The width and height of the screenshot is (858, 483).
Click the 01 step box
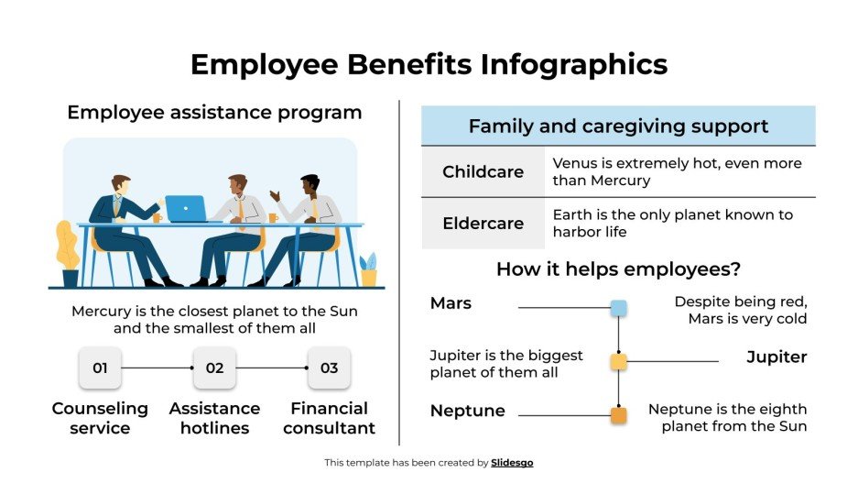click(x=100, y=368)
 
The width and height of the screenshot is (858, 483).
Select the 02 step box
click(x=214, y=368)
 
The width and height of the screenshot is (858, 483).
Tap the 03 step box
click(x=329, y=368)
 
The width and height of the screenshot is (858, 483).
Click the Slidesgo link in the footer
click(x=512, y=463)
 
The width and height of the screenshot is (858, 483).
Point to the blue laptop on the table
click(x=186, y=209)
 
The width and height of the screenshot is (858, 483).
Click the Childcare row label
click(x=483, y=172)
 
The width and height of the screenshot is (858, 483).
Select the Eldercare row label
click(x=483, y=224)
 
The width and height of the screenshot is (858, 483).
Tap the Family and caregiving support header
click(x=618, y=126)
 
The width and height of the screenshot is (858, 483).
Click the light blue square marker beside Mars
click(x=618, y=308)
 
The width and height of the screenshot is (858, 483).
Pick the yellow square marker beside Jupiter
click(x=618, y=361)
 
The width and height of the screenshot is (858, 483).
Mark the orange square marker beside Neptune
click(x=618, y=415)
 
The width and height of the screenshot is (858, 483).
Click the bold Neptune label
click(x=467, y=411)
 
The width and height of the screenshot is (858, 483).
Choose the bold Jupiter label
click(x=777, y=357)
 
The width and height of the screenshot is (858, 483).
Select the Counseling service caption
click(x=100, y=418)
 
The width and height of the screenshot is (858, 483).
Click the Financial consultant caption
click(x=329, y=418)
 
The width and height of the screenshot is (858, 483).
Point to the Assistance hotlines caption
click(x=214, y=418)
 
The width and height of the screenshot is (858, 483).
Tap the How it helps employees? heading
click(x=618, y=269)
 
